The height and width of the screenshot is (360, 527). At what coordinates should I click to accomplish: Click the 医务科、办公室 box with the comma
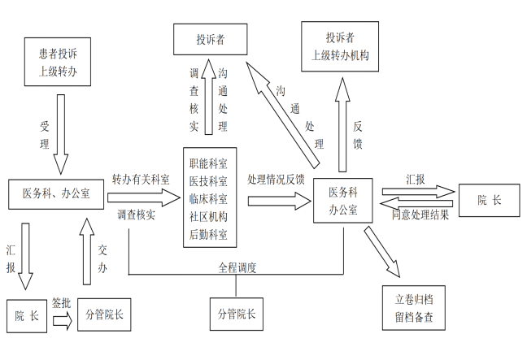[55, 193]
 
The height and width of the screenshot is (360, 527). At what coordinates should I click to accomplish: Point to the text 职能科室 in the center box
[208, 163]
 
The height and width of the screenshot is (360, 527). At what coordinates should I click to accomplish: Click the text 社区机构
[208, 218]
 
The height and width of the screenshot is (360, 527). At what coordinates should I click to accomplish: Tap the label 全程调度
[237, 267]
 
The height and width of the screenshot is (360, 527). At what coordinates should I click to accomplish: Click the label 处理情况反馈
[276, 180]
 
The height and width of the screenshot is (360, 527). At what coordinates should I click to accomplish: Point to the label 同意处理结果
[420, 215]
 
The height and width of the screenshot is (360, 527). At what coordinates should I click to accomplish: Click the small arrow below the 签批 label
[61, 320]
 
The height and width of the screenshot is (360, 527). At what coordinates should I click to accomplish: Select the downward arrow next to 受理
[61, 130]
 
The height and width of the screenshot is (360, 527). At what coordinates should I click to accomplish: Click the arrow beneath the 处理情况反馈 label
[277, 197]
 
